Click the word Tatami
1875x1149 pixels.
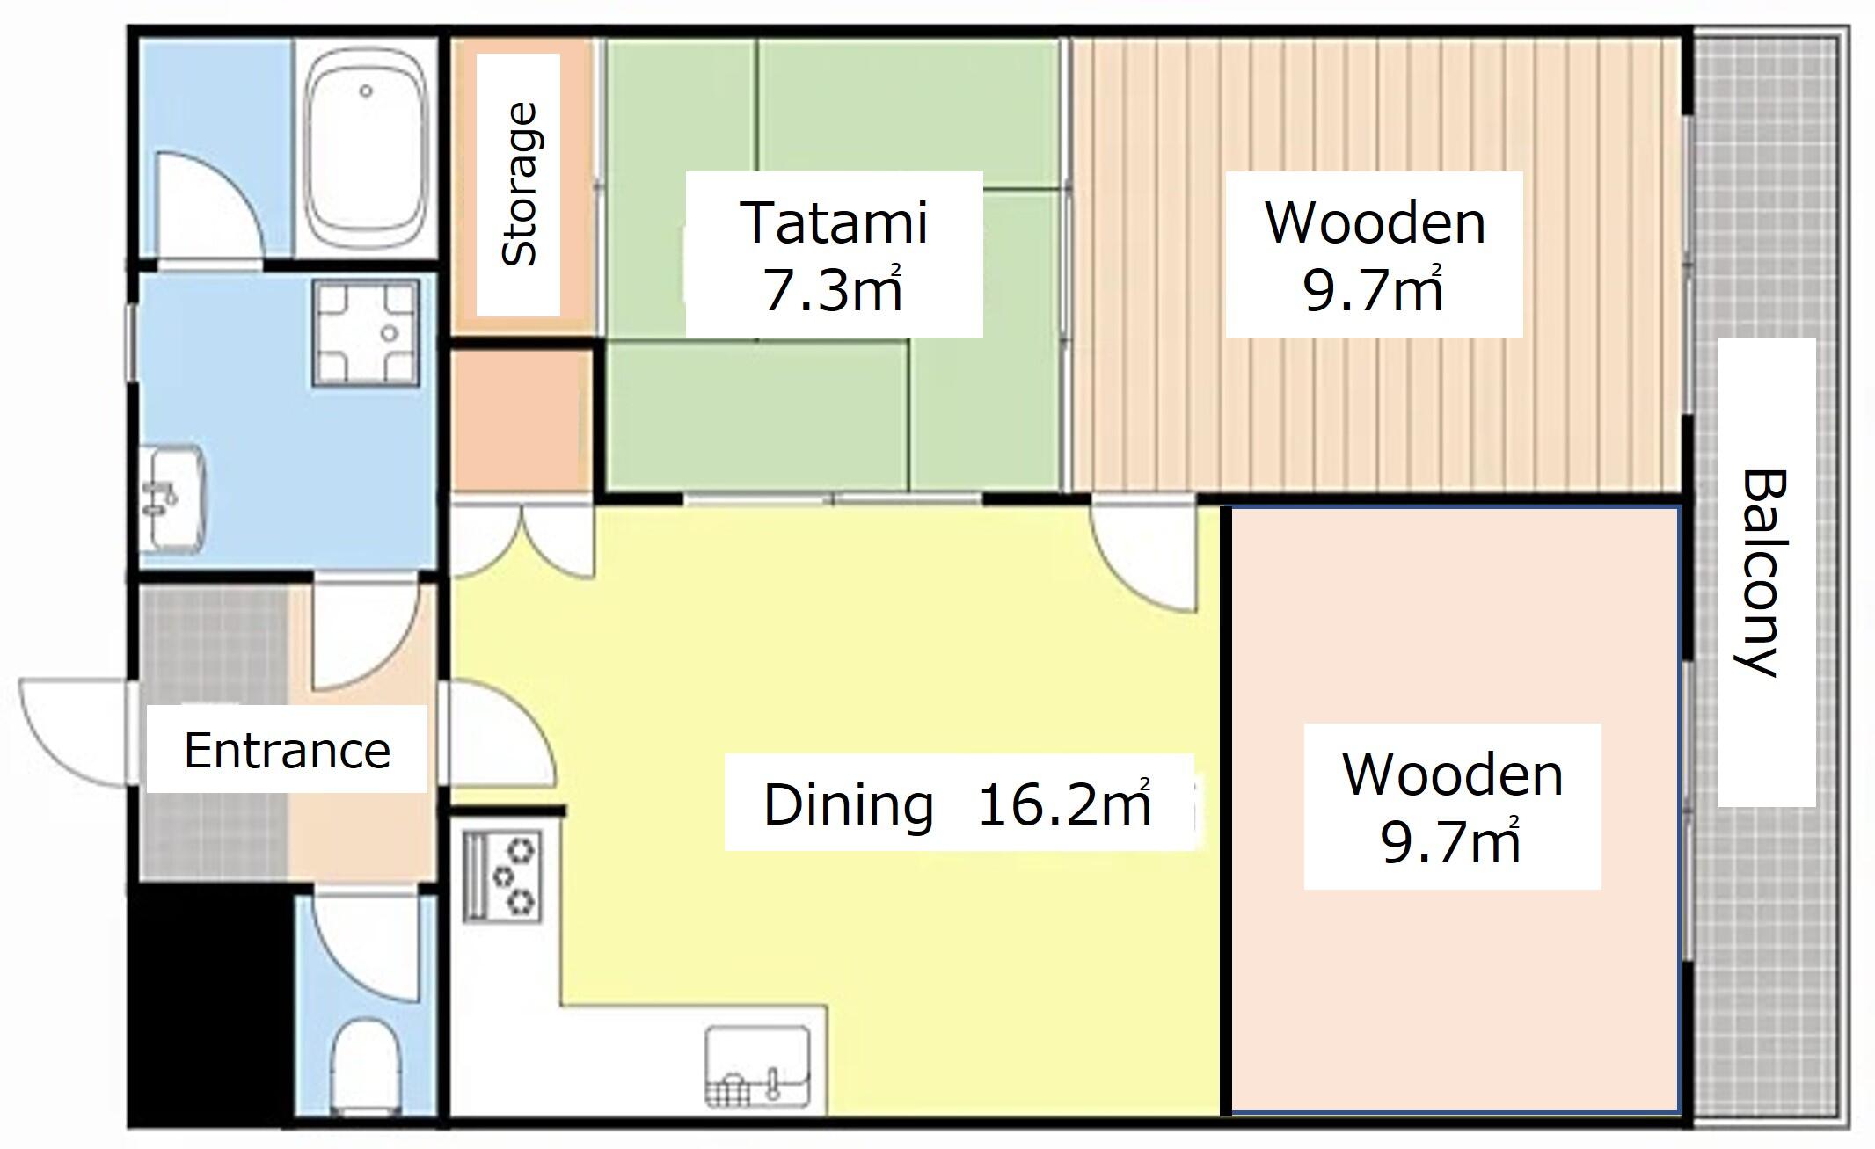click(834, 222)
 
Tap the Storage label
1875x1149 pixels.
click(519, 185)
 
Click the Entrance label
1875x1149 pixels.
click(287, 750)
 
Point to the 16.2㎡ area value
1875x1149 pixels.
click(1064, 804)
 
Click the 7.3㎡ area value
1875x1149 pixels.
click(833, 289)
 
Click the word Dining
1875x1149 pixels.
click(848, 804)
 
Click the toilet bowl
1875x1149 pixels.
click(366, 1065)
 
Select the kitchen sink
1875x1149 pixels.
click(758, 1065)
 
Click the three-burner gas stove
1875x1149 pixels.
click(502, 876)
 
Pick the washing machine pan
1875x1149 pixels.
click(366, 333)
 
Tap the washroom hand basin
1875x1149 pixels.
click(173, 498)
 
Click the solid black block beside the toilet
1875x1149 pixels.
click(211, 1004)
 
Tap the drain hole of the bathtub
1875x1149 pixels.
click(366, 91)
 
